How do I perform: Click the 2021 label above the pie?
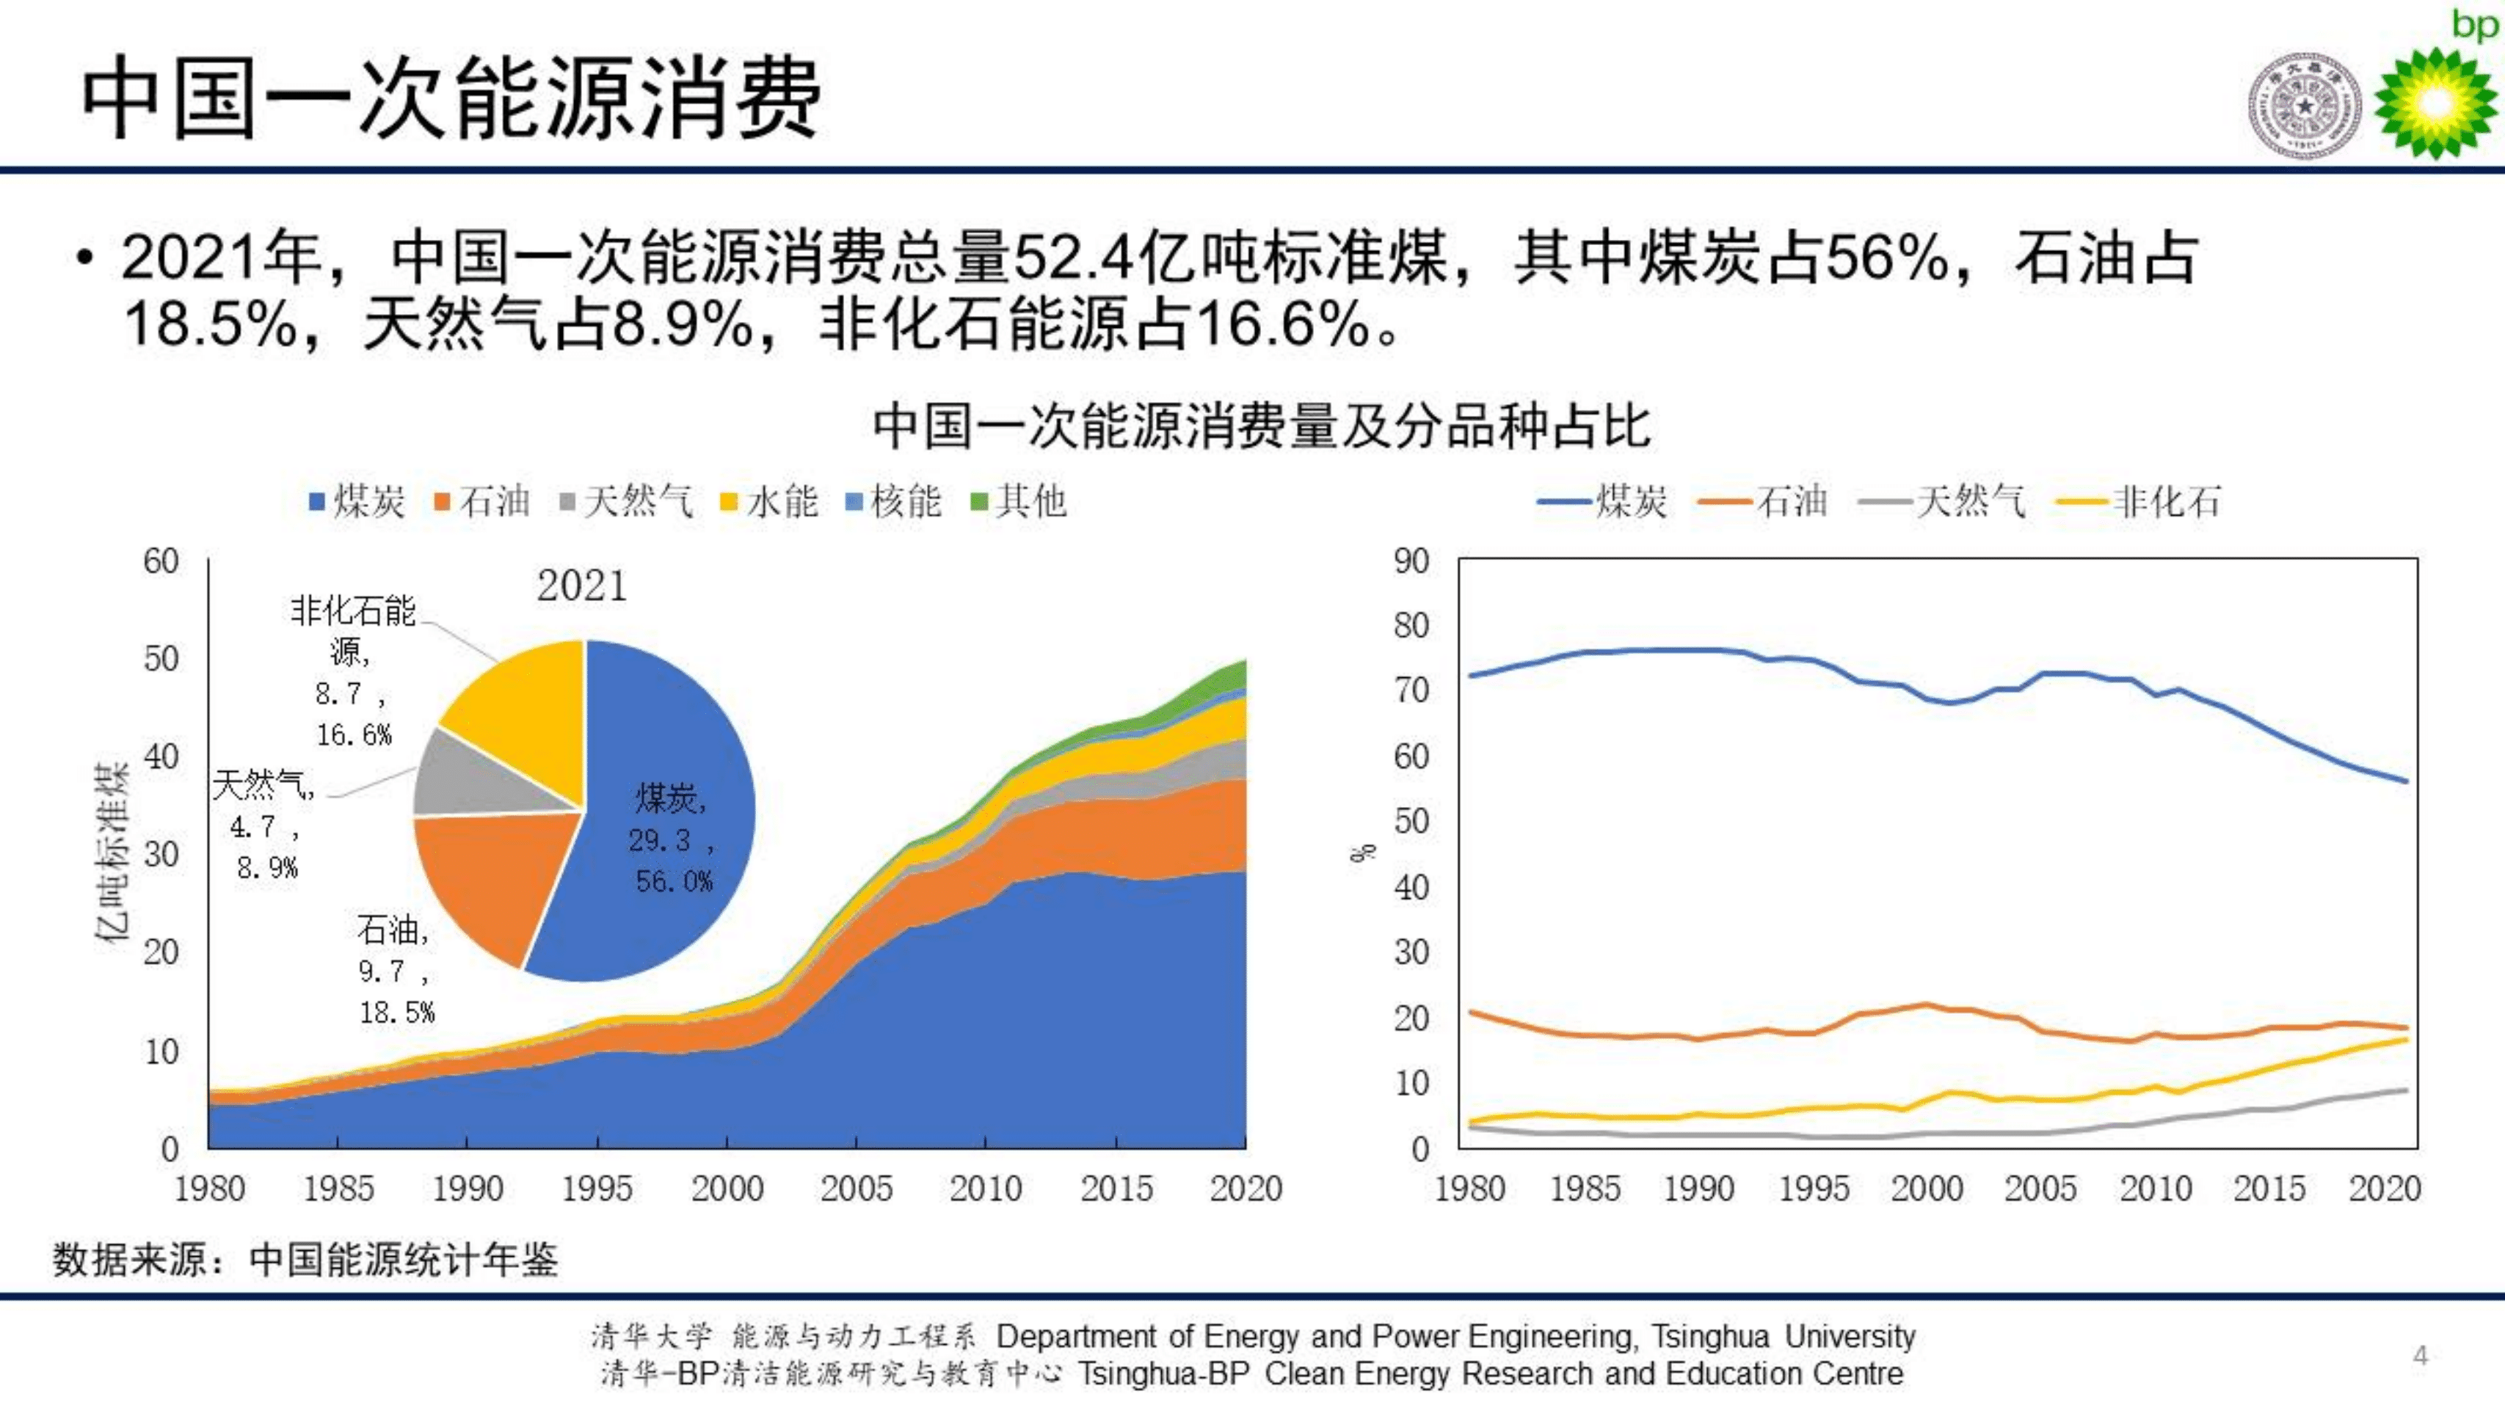581,586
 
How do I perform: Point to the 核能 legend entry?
894,502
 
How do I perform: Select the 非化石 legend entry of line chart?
2139,502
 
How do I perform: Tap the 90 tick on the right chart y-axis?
1410,561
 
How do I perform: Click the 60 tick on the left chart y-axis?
161,561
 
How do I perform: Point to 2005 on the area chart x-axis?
856,1188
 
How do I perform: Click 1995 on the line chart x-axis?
1813,1188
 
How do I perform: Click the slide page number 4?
2421,1354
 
